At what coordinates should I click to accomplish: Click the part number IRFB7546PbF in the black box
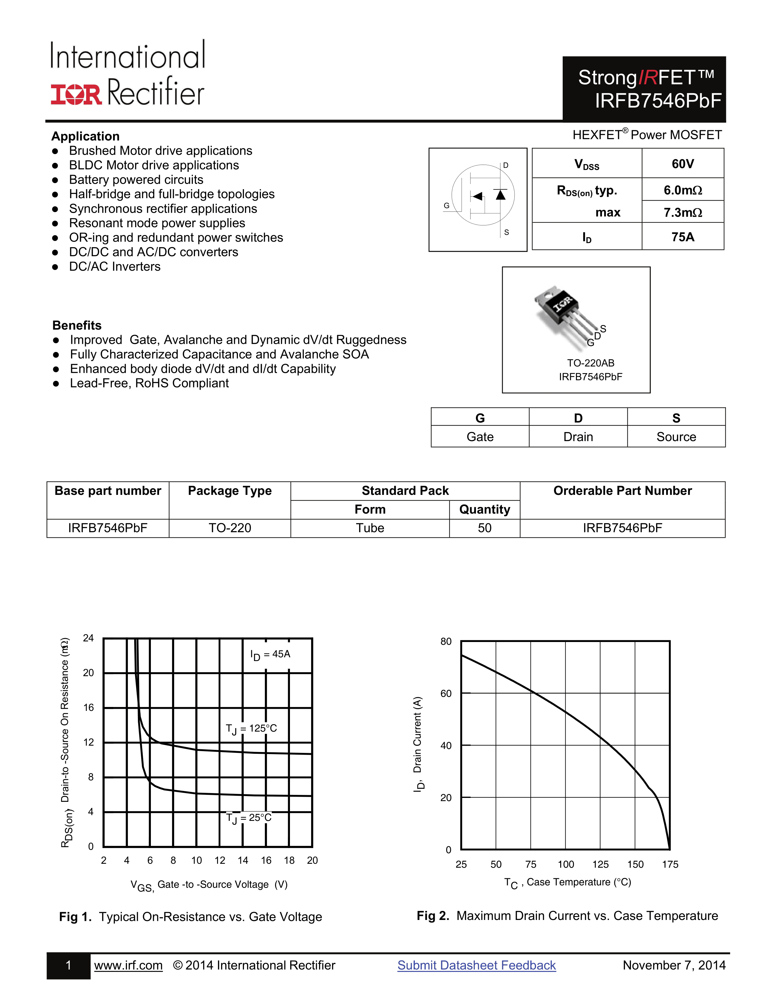[658, 101]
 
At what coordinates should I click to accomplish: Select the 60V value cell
[682, 164]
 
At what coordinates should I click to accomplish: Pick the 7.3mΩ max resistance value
[682, 212]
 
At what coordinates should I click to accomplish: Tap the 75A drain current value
[682, 237]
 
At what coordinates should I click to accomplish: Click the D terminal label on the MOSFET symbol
[506, 165]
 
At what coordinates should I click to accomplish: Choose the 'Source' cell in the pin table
[676, 437]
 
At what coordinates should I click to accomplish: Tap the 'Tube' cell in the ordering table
[370, 528]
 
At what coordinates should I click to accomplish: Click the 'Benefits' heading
[77, 325]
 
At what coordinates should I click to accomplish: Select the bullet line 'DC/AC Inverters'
[115, 266]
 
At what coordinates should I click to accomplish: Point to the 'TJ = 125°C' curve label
[251, 729]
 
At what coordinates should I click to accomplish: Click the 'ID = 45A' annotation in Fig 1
[270, 655]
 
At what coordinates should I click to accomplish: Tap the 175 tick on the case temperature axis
[670, 864]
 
